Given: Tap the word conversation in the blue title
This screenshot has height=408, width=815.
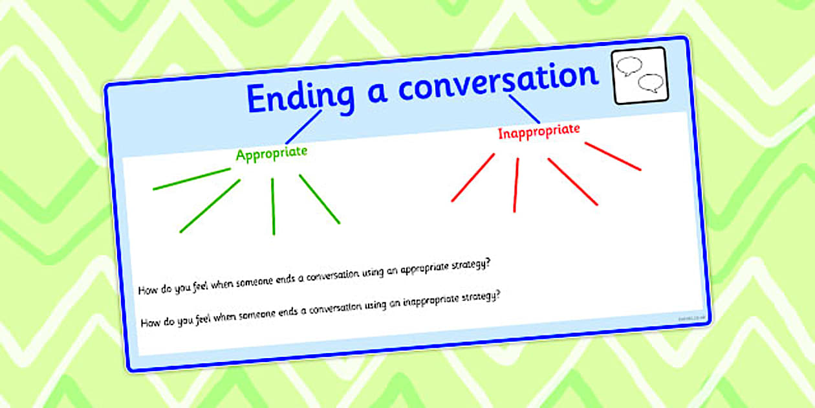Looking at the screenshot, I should [498, 81].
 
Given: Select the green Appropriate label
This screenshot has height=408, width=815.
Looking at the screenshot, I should [272, 154].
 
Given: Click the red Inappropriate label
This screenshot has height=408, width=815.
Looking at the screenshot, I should [538, 132].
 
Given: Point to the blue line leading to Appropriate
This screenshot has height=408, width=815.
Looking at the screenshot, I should [303, 126].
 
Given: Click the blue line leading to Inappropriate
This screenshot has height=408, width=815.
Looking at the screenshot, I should [524, 109].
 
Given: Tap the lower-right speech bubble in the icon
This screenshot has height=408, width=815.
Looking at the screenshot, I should [650, 84].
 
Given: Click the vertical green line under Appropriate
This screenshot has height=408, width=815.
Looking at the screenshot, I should [273, 206].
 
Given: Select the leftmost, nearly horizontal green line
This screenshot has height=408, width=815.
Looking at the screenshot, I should [191, 179].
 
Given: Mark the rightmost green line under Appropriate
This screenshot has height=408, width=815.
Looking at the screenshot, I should [320, 199].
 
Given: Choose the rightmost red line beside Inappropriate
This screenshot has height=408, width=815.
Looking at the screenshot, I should [613, 156].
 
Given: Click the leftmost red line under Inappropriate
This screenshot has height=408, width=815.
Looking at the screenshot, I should [473, 177].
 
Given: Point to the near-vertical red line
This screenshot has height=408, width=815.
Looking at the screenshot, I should [516, 185].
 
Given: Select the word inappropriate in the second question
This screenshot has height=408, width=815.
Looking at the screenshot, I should [434, 302].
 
